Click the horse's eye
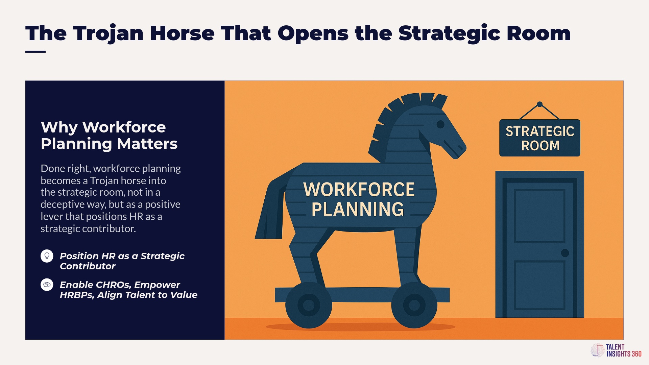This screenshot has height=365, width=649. [440, 124]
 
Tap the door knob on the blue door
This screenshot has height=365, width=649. [565, 253]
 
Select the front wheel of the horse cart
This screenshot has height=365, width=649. [414, 306]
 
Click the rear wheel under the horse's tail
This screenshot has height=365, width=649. [309, 306]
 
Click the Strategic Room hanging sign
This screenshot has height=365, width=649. [540, 138]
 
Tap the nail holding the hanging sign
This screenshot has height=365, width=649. [540, 104]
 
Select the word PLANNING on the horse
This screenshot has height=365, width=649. [358, 209]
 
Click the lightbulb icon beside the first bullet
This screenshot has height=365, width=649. [47, 256]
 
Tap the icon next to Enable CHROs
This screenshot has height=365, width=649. [47, 285]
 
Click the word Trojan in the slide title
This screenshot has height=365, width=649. [109, 34]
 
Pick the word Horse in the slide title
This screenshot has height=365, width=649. [182, 33]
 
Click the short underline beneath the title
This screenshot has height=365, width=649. [35, 52]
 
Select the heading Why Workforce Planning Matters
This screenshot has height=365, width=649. [109, 135]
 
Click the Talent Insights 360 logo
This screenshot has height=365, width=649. [616, 350]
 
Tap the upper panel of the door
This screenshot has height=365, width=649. [539, 216]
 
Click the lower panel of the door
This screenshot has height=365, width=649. [539, 285]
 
